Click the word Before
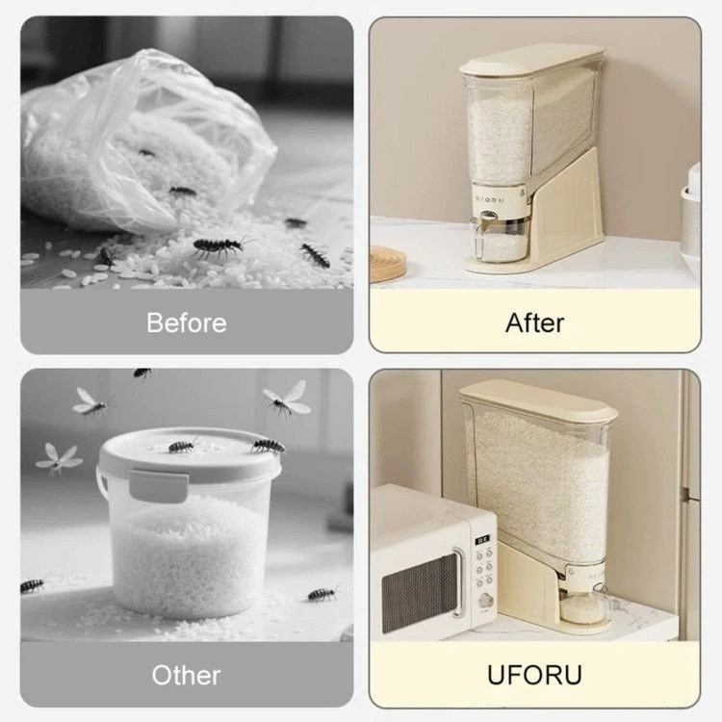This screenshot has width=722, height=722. coord(187,322)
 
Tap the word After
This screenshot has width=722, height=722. coord(534,322)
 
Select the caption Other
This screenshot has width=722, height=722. coord(186,675)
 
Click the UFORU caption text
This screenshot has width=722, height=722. coord(534,675)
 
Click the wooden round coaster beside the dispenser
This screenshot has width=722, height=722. coord(388,264)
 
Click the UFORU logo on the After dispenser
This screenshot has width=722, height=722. coord(490,200)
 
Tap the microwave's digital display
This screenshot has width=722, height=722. coord(482,540)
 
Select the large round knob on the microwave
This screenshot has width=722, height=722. coord(485,600)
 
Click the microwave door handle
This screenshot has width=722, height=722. coord(457,581)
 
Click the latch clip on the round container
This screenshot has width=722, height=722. coord(159,485)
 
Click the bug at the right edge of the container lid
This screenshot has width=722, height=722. coord(268,446)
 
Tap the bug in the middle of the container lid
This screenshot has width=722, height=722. coord(182,445)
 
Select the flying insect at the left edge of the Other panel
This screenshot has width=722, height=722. coord(59,458)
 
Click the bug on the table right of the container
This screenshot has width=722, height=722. coord(322,594)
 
